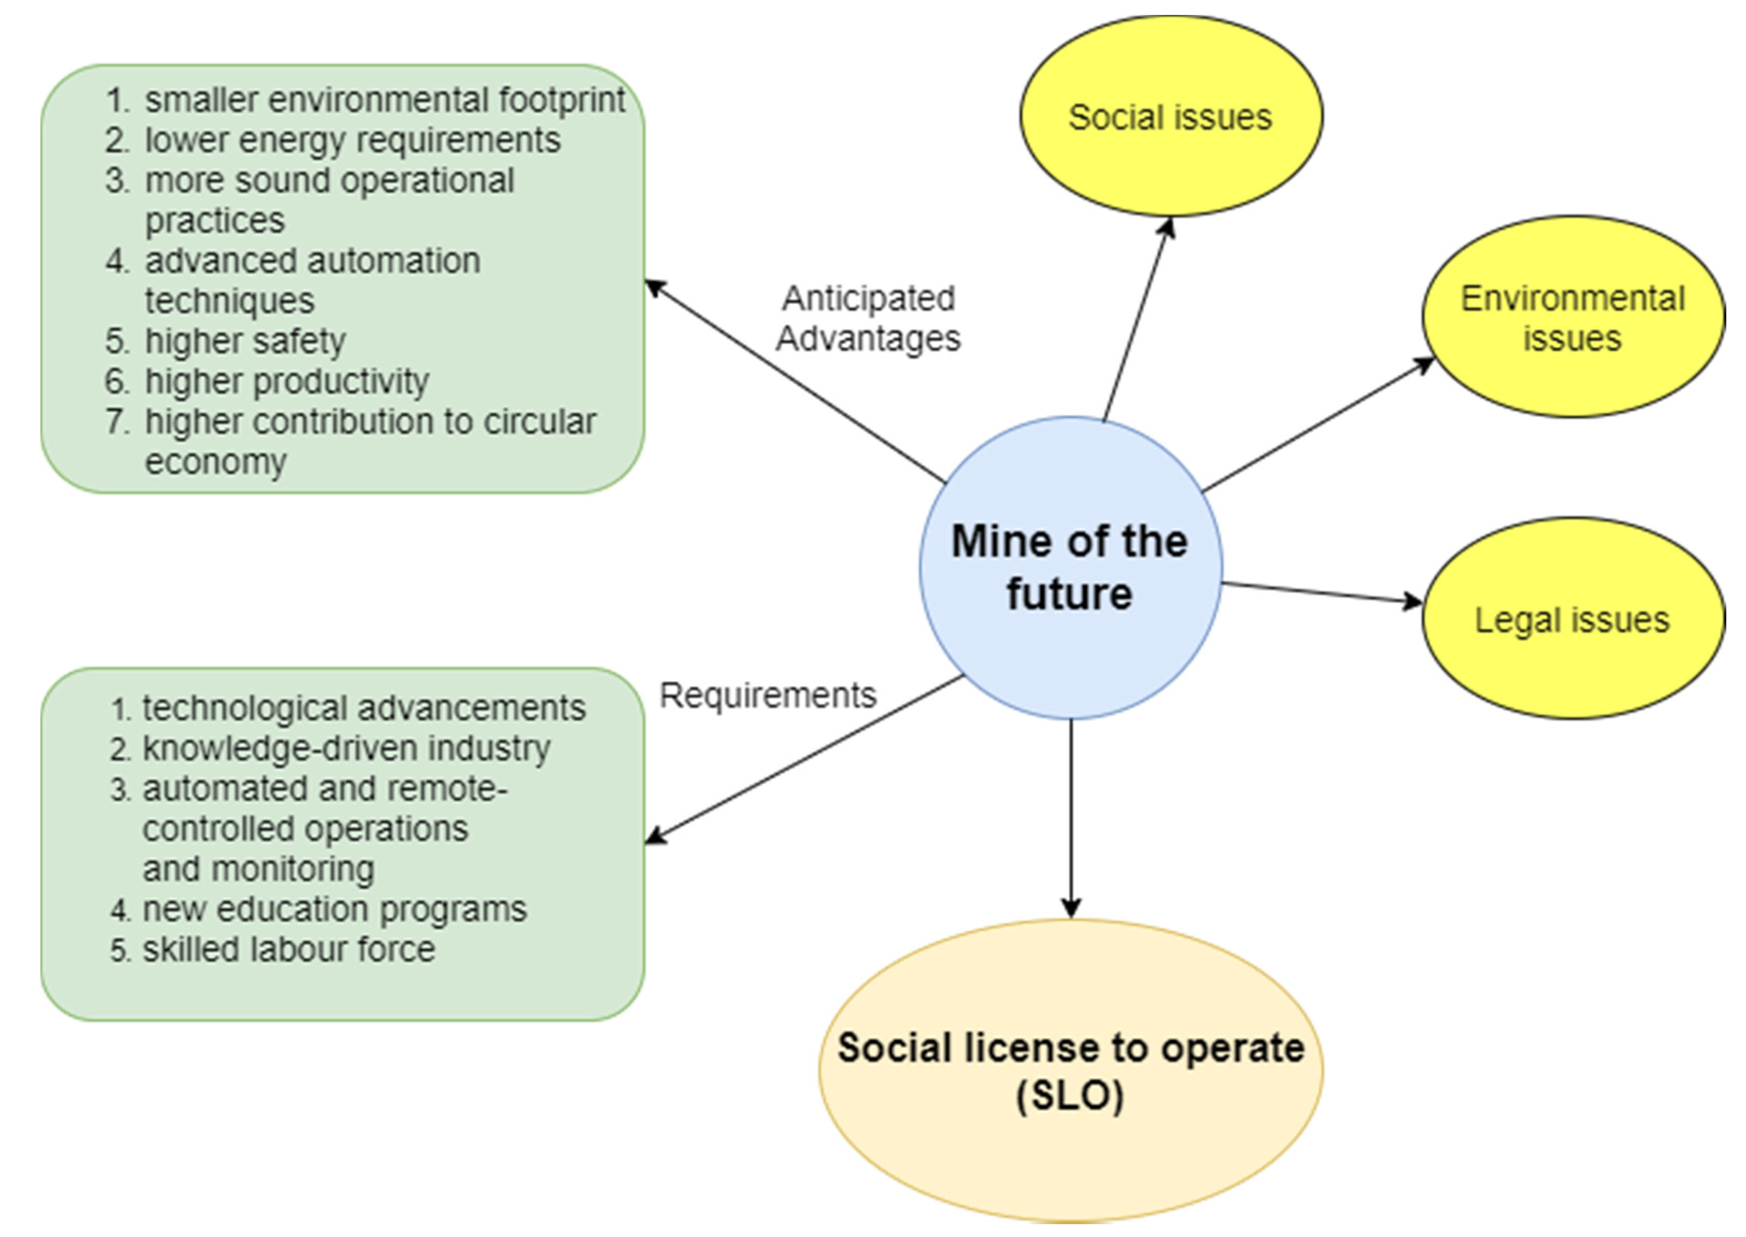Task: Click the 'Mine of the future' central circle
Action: (1070, 567)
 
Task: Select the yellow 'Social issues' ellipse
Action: (1170, 117)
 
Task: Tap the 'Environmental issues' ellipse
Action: (1572, 318)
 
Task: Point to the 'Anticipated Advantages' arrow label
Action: (868, 318)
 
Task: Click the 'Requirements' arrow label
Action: (767, 695)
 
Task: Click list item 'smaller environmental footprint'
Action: (384, 100)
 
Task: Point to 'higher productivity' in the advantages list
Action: (287, 381)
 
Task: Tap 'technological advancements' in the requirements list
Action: (364, 708)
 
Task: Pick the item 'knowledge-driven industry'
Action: (346, 748)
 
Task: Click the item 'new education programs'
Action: (334, 909)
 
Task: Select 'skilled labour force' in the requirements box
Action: (288, 949)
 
